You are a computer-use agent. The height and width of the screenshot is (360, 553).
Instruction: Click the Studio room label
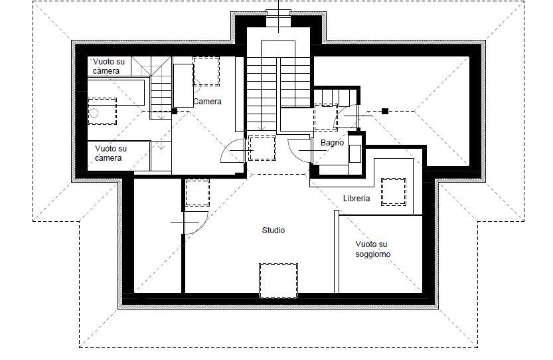[x=274, y=230]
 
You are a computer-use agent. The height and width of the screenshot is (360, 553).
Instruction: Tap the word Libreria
[x=356, y=199]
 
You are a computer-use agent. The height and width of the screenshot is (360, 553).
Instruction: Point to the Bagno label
[x=332, y=143]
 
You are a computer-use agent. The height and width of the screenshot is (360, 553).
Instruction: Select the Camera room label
[x=207, y=102]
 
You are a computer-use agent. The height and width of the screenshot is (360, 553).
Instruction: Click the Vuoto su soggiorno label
[x=373, y=249]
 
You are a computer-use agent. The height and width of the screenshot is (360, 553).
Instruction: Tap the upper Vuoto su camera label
[x=109, y=66]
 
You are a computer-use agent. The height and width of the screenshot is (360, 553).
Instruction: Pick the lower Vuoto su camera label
[x=111, y=153]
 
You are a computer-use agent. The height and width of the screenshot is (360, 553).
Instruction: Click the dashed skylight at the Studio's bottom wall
[x=278, y=280]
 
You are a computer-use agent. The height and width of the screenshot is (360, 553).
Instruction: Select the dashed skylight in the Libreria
[x=394, y=192]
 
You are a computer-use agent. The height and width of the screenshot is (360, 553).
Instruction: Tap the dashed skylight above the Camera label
[x=206, y=71]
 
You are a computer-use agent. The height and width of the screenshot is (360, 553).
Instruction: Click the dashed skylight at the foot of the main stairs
[x=262, y=148]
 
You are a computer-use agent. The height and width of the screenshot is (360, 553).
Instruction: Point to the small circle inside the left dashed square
[x=94, y=113]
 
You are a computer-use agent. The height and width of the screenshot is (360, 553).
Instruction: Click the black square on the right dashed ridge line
[x=385, y=111]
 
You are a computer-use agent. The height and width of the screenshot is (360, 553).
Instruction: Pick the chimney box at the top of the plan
[x=279, y=19]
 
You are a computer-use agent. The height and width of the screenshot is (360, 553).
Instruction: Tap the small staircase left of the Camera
[x=161, y=92]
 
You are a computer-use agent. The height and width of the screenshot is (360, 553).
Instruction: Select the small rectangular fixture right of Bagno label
[x=355, y=153]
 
